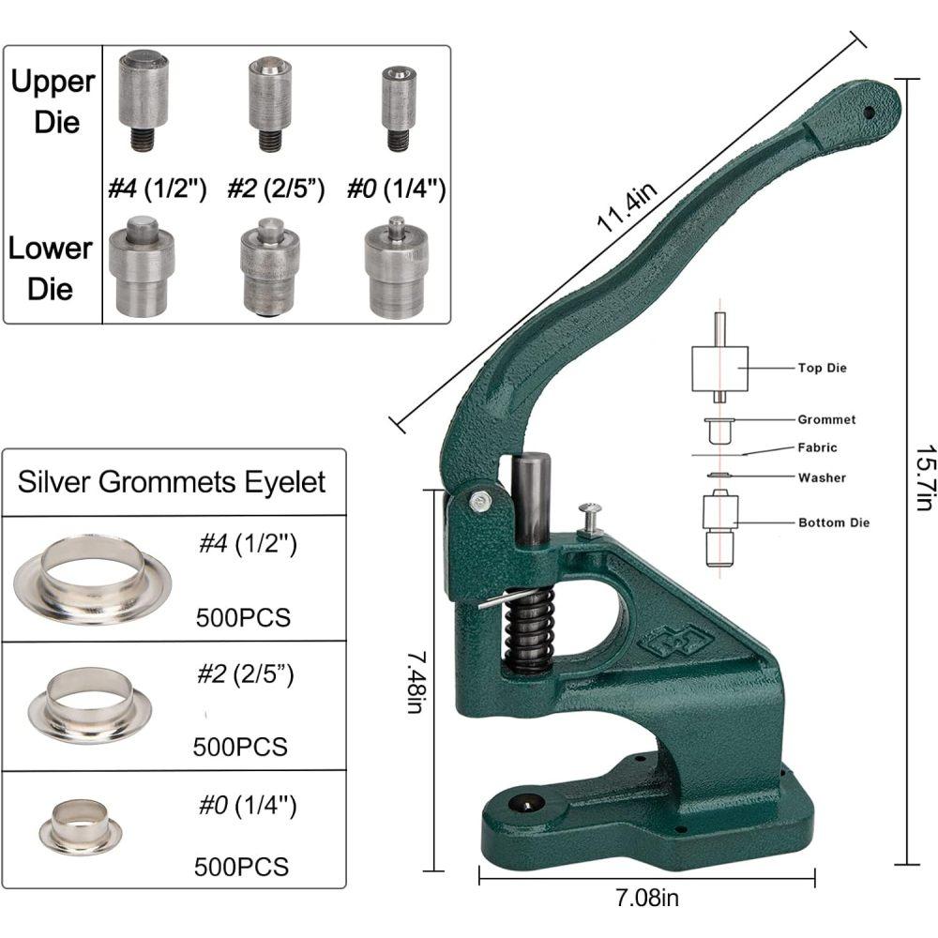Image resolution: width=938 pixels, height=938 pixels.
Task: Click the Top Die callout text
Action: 822,368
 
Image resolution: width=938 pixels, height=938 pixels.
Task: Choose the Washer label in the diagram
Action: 822,477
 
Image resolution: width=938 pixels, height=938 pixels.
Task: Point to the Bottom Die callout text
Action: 833,522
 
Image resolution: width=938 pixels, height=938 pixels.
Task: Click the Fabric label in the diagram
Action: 817,447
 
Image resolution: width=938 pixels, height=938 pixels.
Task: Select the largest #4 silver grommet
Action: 79,581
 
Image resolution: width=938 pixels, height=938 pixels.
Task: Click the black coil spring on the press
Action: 530,629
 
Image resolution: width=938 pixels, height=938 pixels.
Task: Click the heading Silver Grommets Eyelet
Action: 172,482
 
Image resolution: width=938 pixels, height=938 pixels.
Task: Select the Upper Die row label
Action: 53,101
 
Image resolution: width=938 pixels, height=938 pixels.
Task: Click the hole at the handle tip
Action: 869,112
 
